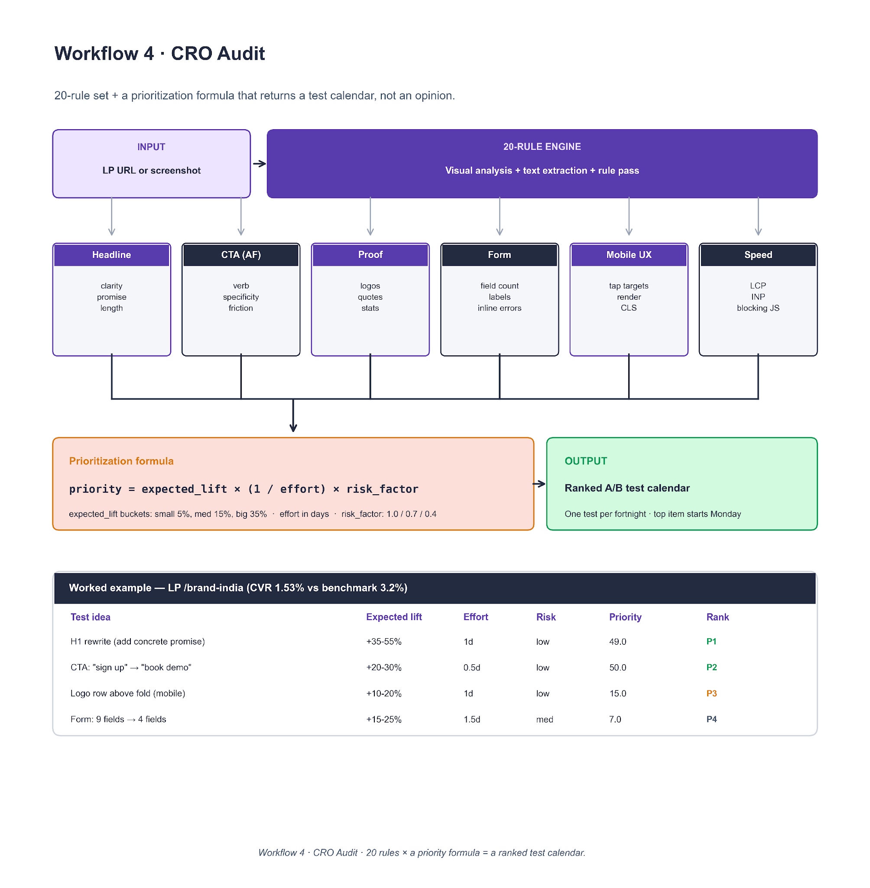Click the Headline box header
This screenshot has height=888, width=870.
[x=111, y=255]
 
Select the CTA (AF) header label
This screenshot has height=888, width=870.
[x=241, y=255]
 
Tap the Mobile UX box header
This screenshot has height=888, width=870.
[x=629, y=255]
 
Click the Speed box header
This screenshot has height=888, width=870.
[x=758, y=255]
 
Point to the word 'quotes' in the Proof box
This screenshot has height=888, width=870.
[x=370, y=297]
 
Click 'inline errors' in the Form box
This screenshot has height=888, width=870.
[x=500, y=308]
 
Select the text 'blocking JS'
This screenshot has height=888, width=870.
[x=758, y=308]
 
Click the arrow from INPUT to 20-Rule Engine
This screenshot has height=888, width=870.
[x=259, y=164]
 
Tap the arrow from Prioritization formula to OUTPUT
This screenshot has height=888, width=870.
[x=539, y=484]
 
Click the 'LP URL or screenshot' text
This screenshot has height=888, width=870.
[x=151, y=170]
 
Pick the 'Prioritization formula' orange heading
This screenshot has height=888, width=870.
[x=121, y=461]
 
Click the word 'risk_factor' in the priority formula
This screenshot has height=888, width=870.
[x=382, y=489]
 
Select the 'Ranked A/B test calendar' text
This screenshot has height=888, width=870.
[x=627, y=488]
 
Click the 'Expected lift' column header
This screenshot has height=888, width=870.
[x=393, y=617]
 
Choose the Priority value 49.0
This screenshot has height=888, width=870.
[x=617, y=642]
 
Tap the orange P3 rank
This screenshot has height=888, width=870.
[x=711, y=693]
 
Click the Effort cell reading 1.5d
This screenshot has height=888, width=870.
[x=471, y=719]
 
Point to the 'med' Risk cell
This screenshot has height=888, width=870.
[x=544, y=719]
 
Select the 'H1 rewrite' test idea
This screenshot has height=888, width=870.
[x=137, y=642]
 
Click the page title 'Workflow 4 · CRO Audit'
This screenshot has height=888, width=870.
[x=159, y=53]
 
